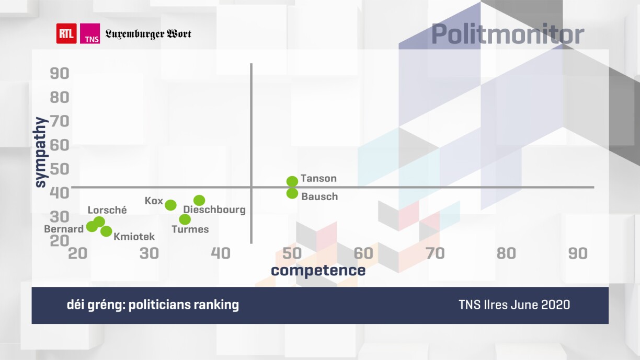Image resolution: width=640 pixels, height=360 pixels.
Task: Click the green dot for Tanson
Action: (292, 181)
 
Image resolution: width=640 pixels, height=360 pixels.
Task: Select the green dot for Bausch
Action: (292, 193)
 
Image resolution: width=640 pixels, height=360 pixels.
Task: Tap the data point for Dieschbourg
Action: (199, 201)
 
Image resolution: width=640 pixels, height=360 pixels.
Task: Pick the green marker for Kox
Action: (170, 205)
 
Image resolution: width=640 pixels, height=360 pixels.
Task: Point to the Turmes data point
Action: (185, 219)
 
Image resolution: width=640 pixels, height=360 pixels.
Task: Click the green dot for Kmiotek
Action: (106, 231)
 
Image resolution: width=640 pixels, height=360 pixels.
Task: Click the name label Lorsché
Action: (107, 210)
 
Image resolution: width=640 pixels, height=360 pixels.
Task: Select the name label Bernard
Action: (64, 229)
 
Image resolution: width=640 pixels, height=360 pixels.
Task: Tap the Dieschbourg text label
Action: (214, 210)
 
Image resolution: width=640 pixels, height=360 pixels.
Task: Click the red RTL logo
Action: (66, 34)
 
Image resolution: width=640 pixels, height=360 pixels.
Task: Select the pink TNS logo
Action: (90, 34)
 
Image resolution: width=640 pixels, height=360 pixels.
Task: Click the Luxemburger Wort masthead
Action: (148, 34)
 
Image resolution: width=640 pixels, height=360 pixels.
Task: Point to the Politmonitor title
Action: (507, 34)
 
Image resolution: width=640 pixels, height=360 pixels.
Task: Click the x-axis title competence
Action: (318, 270)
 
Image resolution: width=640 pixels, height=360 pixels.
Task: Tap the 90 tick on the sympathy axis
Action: (60, 73)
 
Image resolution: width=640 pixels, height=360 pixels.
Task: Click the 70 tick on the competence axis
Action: (435, 253)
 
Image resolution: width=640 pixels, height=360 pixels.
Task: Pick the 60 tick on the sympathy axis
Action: (60, 145)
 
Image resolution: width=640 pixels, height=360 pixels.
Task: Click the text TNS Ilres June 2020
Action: (514, 305)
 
